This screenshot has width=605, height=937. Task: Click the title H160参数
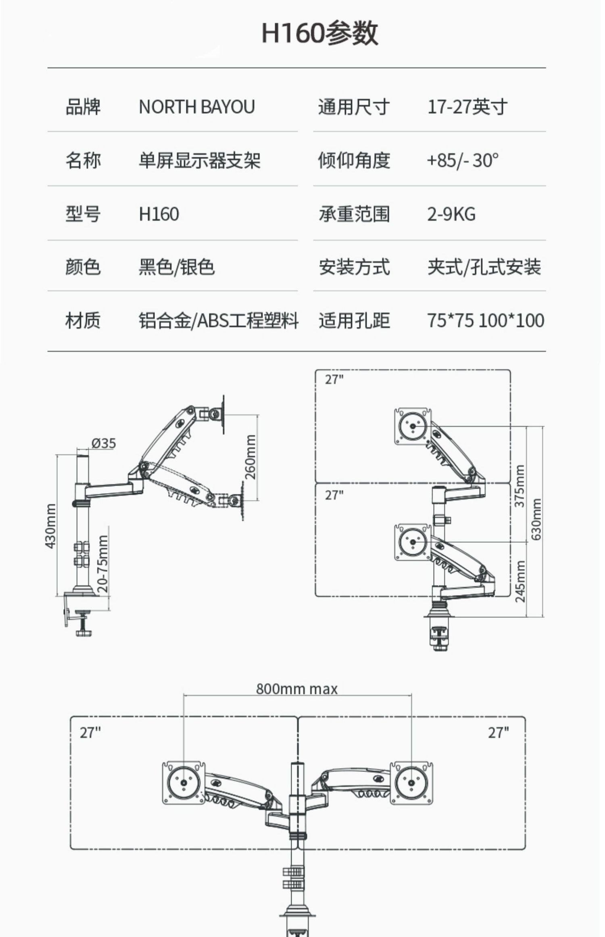[320, 33]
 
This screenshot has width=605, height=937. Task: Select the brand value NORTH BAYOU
[196, 107]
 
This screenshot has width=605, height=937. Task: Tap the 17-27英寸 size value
[467, 107]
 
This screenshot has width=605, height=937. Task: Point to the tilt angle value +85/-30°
[462, 160]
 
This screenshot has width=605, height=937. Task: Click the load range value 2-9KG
[451, 214]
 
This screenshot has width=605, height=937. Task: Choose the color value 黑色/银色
[176, 267]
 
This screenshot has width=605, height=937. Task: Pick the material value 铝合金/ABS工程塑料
[218, 321]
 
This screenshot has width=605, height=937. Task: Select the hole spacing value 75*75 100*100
[485, 321]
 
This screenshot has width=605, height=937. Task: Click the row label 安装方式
[354, 267]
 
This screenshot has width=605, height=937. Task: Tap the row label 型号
[83, 214]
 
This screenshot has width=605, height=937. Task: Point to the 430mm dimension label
[50, 526]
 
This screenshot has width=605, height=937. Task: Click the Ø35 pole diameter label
[103, 443]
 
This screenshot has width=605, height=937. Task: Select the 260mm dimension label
[250, 457]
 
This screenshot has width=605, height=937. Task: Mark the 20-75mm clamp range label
[103, 564]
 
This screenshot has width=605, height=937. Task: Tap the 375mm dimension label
[519, 486]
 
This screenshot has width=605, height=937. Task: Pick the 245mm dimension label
[520, 581]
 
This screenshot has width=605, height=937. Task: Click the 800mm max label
[297, 689]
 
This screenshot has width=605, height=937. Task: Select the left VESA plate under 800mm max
[184, 782]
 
